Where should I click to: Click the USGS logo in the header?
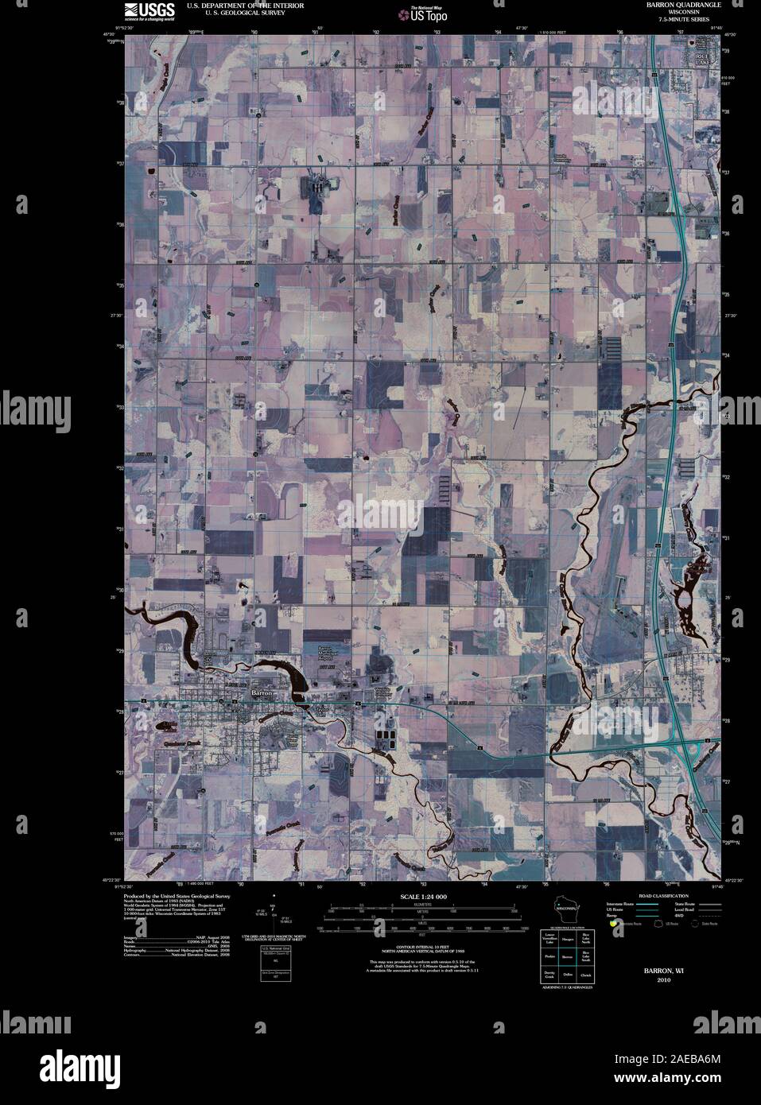[x=142, y=10]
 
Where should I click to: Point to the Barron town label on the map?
[x=262, y=693]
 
